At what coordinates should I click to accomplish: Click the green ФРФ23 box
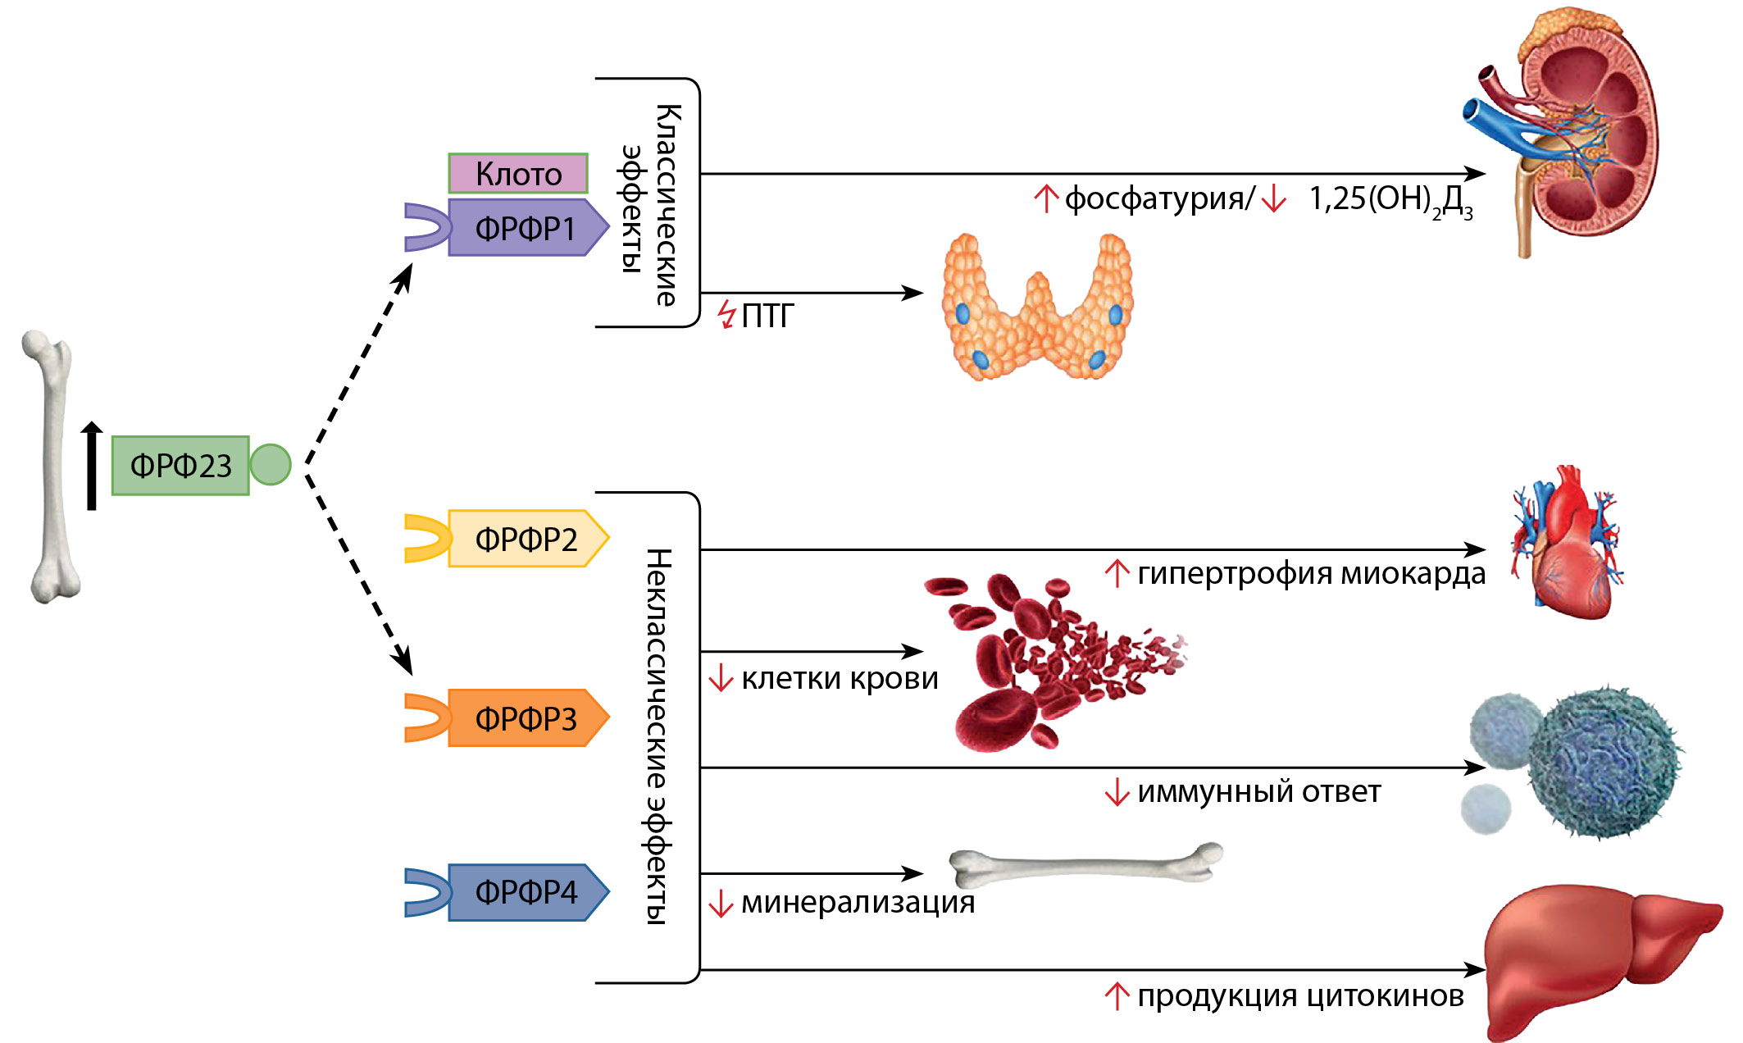point(180,466)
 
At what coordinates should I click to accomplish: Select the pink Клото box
point(518,174)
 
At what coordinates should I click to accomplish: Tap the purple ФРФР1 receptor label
point(525,228)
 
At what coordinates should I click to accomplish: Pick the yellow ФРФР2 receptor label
point(526,539)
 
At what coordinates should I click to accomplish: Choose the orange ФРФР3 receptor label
point(526,718)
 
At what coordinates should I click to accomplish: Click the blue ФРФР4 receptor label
point(526,892)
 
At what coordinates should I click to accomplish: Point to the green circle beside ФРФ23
point(270,464)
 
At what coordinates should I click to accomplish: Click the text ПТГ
point(767,316)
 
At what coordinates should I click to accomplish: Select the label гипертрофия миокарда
point(1311,573)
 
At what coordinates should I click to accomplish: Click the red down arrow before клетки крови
point(721,678)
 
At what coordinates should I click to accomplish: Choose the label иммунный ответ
point(1258,792)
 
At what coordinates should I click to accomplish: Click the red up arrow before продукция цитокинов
point(1117,996)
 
